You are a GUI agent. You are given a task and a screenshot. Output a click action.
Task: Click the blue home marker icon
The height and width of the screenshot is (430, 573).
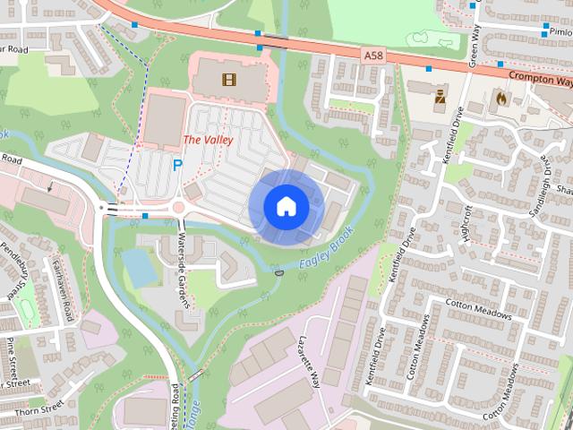coord(286,205)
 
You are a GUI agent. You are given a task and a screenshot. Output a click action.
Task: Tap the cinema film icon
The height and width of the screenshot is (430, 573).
coord(229,80)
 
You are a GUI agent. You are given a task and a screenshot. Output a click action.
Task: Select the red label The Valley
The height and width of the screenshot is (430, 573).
coord(208,140)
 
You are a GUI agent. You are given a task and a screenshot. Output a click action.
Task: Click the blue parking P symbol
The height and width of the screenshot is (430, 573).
coord(177,166)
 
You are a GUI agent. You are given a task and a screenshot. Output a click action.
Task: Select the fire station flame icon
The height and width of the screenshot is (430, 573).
coord(500,96)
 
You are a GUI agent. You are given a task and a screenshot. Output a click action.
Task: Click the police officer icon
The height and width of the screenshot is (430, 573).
coord(440,96)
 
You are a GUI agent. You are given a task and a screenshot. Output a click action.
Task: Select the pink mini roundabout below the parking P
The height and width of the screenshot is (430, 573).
coord(178,208)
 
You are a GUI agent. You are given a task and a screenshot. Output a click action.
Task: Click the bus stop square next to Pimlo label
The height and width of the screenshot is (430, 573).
coord(529,30)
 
